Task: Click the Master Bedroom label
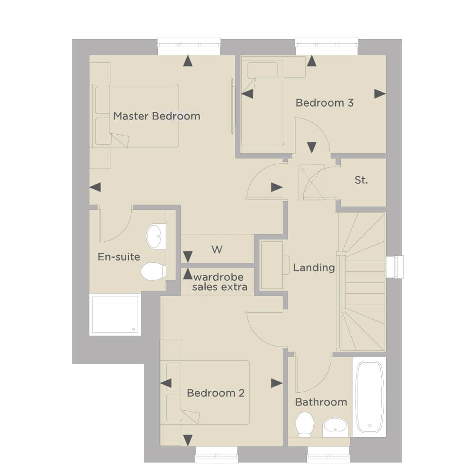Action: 157,116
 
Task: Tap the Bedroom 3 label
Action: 325,103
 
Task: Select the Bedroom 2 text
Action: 216,393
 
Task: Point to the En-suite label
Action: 119,257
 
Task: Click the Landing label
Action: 314,268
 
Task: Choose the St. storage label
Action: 361,180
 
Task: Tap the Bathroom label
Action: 321,402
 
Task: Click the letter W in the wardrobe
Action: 217,249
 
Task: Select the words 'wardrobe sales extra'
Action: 219,282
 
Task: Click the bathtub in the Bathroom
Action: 369,397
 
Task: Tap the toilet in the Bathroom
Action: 305,424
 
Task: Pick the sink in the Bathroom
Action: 335,425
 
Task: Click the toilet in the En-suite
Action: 153,271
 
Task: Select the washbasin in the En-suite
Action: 156,236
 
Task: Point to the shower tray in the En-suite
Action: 115,315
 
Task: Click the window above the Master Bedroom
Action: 189,46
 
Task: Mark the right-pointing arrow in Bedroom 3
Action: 380,94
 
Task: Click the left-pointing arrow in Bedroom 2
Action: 166,383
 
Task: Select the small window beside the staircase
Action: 395,267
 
